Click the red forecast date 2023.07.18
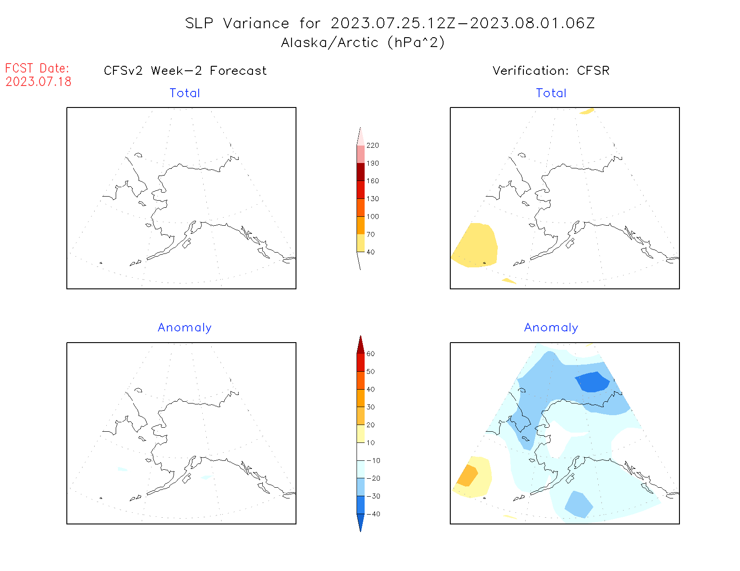pyautogui.click(x=39, y=82)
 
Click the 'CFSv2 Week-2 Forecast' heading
pyautogui.click(x=185, y=71)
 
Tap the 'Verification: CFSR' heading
pyautogui.click(x=551, y=71)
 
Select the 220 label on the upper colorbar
pyautogui.click(x=372, y=146)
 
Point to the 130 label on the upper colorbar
pyautogui.click(x=372, y=199)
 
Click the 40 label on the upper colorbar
pyautogui.click(x=370, y=252)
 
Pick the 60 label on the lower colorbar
pyautogui.click(x=370, y=354)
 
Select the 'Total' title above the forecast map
pyautogui.click(x=185, y=93)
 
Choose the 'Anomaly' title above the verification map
pyautogui.click(x=551, y=328)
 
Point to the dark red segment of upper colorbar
pyautogui.click(x=361, y=172)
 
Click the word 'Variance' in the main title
pyautogui.click(x=256, y=23)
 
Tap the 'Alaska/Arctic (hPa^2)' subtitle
pyautogui.click(x=363, y=43)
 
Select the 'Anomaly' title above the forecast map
pyautogui.click(x=185, y=328)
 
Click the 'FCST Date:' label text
pyautogui.click(x=37, y=69)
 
